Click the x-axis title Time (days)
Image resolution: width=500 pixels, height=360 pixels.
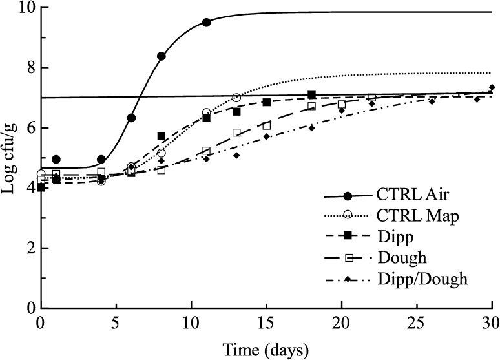[266, 349]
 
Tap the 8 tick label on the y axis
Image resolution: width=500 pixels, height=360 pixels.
[30, 68]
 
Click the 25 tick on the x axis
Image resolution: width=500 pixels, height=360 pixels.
[417, 322]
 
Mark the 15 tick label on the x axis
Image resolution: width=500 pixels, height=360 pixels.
[266, 322]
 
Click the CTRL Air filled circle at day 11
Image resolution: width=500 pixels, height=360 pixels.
[206, 22]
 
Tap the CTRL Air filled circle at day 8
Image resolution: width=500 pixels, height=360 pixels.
[161, 56]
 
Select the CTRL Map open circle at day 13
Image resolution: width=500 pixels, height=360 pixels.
[236, 98]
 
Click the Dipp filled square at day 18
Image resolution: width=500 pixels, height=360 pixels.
[311, 95]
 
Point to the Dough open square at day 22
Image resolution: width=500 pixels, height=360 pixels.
[371, 98]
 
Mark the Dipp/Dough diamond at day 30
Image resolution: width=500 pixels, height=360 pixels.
[492, 87]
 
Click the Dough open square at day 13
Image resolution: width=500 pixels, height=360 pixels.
[236, 132]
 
